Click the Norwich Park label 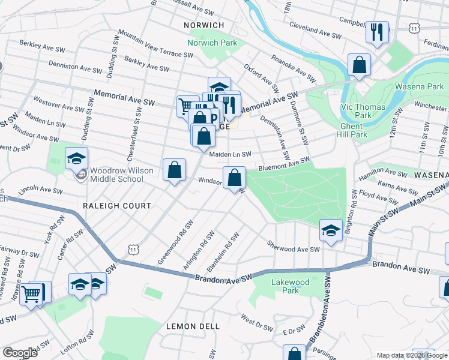click(212, 43)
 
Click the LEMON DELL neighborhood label click(193, 326)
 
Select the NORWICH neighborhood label click(205, 25)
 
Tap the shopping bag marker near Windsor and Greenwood click(174, 170)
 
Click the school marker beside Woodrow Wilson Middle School click(77, 158)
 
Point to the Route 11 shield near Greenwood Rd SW click(133, 249)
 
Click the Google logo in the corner click(20, 353)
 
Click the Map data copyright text click(411, 355)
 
